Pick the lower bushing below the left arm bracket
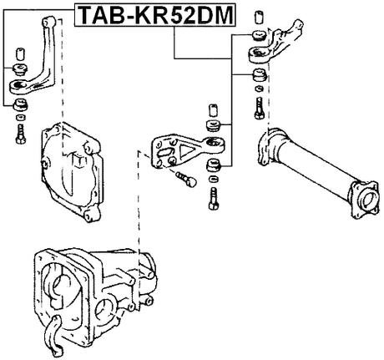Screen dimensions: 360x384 click(18, 103)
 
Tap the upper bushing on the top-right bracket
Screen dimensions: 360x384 click(257, 36)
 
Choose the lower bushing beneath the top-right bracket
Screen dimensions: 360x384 click(259, 77)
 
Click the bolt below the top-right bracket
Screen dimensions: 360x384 click(260, 106)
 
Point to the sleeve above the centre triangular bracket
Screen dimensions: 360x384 click(212, 109)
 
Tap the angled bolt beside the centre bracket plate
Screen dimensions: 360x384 click(185, 177)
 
